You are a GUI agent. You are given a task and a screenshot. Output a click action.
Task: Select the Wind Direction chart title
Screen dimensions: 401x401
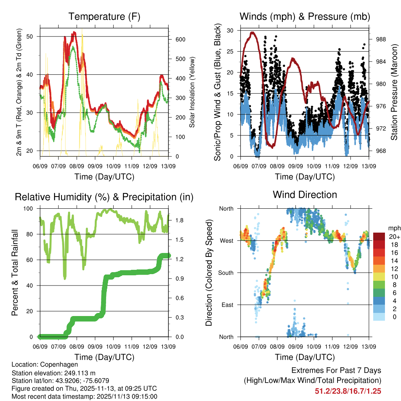coord(305,195)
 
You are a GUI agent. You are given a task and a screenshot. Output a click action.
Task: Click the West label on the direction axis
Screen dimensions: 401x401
coord(226,240)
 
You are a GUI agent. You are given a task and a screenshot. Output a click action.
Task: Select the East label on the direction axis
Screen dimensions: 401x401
coord(227,305)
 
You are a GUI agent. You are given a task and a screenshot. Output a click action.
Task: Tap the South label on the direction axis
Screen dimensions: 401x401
coord(225,273)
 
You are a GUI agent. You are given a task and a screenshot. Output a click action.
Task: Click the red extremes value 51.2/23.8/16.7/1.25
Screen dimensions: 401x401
coord(348,391)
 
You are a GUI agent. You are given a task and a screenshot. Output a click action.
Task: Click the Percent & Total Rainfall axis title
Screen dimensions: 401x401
coord(14,273)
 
